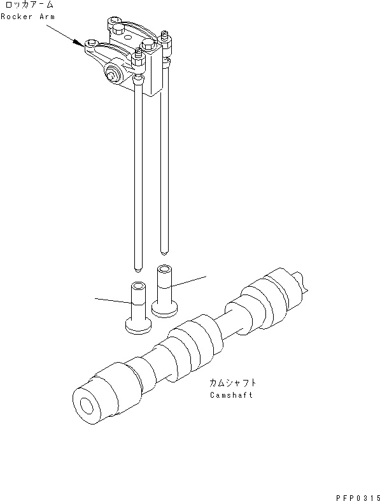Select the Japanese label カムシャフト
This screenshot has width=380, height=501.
click(x=233, y=383)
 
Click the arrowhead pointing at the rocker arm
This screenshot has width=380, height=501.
click(x=80, y=43)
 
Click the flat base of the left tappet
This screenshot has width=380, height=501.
click(x=138, y=327)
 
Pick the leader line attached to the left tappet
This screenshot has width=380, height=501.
click(x=112, y=300)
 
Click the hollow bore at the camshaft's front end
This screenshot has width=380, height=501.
click(x=85, y=405)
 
